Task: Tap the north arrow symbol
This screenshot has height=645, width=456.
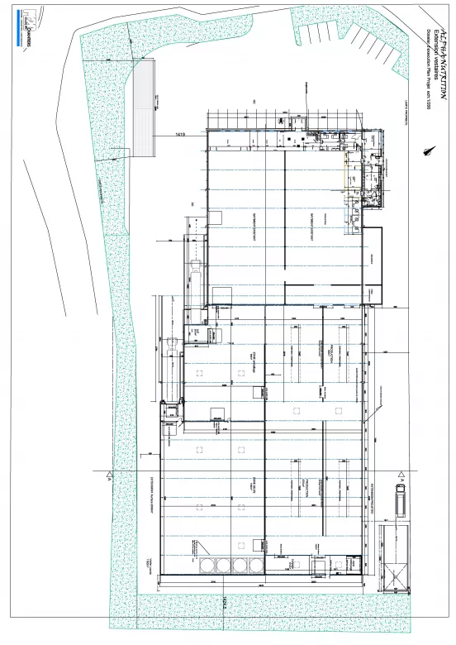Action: point(429,152)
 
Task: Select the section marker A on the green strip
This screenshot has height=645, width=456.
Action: point(107,477)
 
